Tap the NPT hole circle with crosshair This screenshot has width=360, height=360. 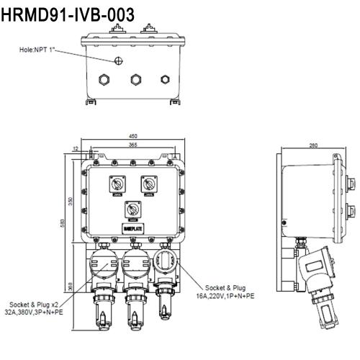pyautogui.click(x=118, y=59)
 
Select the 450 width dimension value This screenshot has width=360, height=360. pyautogui.click(x=133, y=135)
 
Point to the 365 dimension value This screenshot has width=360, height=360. pyautogui.click(x=133, y=144)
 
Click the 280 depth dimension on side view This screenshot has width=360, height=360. pyautogui.click(x=313, y=145)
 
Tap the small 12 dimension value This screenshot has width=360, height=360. pyautogui.click(x=76, y=148)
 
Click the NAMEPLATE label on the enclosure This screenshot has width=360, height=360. pyautogui.click(x=133, y=230)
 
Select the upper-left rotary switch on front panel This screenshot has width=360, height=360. pyautogui.click(x=115, y=184)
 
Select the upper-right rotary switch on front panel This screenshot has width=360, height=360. pyautogui.click(x=150, y=184)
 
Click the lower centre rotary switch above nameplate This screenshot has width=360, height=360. pyautogui.click(x=133, y=210)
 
